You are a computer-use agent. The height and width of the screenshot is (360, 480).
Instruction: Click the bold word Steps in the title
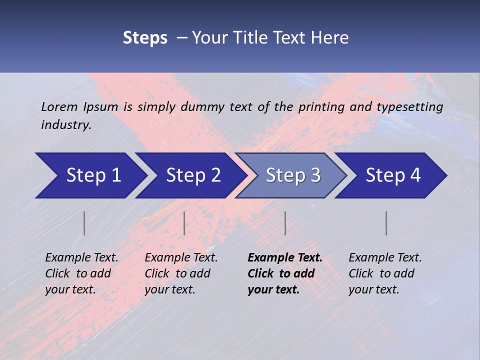click(145, 38)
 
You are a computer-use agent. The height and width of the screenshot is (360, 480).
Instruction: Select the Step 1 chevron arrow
click(90, 175)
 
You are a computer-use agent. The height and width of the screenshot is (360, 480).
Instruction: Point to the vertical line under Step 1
click(84, 223)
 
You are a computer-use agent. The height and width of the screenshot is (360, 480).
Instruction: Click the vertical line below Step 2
click(184, 223)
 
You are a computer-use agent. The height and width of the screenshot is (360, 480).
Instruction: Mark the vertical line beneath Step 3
click(285, 223)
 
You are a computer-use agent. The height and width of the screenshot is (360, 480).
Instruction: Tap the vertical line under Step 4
click(386, 223)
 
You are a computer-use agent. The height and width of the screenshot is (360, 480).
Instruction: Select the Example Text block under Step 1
click(81, 273)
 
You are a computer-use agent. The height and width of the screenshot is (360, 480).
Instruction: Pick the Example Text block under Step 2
click(181, 273)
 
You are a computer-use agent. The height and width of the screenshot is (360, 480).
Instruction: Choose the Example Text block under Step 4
click(385, 273)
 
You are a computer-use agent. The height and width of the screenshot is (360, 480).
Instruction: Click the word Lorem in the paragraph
click(59, 107)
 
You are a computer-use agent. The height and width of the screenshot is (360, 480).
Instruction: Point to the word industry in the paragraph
click(66, 125)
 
